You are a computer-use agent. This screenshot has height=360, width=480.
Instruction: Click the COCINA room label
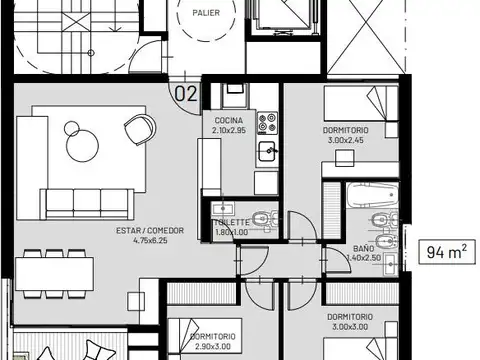[x=228, y=119]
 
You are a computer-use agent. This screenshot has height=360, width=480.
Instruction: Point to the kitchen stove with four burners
[x=268, y=123]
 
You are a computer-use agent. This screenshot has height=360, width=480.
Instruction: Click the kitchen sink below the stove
[x=267, y=152]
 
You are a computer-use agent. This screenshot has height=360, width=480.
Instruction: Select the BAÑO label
[x=364, y=247]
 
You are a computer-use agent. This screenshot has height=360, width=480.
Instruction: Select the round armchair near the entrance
[x=138, y=128]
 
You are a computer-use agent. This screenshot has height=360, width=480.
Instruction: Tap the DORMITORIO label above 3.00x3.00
[x=352, y=316]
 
